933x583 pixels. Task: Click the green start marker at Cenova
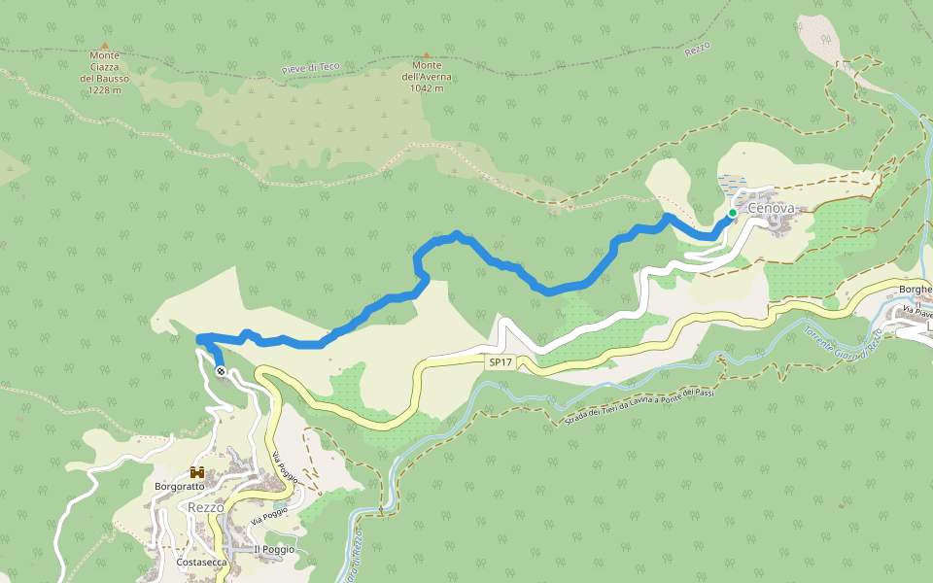click(x=732, y=213)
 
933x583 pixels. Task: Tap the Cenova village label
click(x=771, y=209)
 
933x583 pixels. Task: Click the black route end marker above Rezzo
click(x=221, y=371)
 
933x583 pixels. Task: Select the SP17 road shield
click(x=501, y=362)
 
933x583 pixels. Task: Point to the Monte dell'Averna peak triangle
click(x=426, y=55)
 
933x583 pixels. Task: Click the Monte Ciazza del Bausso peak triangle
click(x=104, y=45)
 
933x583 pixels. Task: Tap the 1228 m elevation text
click(x=104, y=90)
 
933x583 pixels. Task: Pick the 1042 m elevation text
click(x=426, y=88)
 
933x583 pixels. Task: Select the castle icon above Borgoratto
click(x=197, y=472)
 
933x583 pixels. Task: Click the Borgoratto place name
click(x=180, y=486)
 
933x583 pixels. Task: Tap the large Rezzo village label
click(x=205, y=507)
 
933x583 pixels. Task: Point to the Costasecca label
click(x=202, y=562)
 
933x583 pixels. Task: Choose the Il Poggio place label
click(x=273, y=550)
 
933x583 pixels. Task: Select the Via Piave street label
click(x=916, y=313)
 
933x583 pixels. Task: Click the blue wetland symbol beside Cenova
click(x=729, y=182)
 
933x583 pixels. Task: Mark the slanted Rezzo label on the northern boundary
click(x=698, y=47)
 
